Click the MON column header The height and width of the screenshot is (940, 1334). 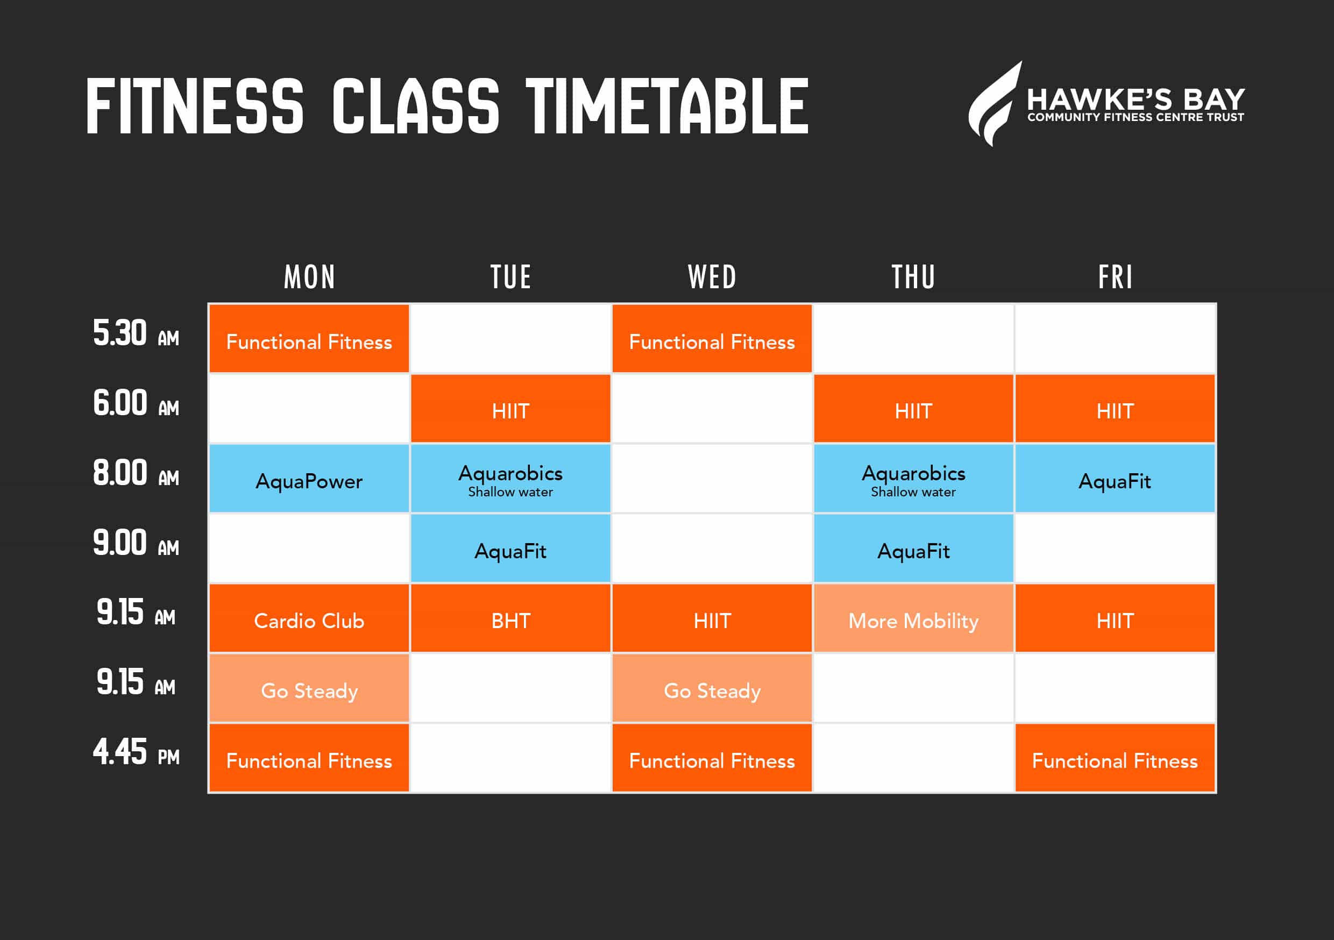click(x=309, y=276)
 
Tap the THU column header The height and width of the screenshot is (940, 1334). click(x=913, y=276)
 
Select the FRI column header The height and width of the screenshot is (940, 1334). click(x=1115, y=276)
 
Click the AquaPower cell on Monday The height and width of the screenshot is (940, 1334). click(x=309, y=478)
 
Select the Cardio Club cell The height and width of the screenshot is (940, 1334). click(x=309, y=617)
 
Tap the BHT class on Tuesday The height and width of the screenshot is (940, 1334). click(x=510, y=617)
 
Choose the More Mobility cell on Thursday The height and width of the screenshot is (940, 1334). click(x=913, y=617)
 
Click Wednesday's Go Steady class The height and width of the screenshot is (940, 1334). click(x=712, y=688)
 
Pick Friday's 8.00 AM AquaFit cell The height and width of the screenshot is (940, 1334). click(x=1115, y=478)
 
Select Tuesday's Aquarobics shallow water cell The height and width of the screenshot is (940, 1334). click(x=510, y=478)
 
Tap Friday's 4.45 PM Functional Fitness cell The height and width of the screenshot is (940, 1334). click(x=1115, y=758)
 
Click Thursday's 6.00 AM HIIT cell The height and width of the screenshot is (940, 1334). click(x=913, y=408)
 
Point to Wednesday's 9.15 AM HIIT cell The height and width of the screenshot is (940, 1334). click(x=712, y=617)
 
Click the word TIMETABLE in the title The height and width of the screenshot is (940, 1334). click(x=667, y=106)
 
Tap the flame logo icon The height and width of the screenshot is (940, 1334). click(x=994, y=103)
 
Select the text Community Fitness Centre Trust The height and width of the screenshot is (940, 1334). click(x=1136, y=117)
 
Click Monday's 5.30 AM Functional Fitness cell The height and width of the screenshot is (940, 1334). click(x=309, y=339)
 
